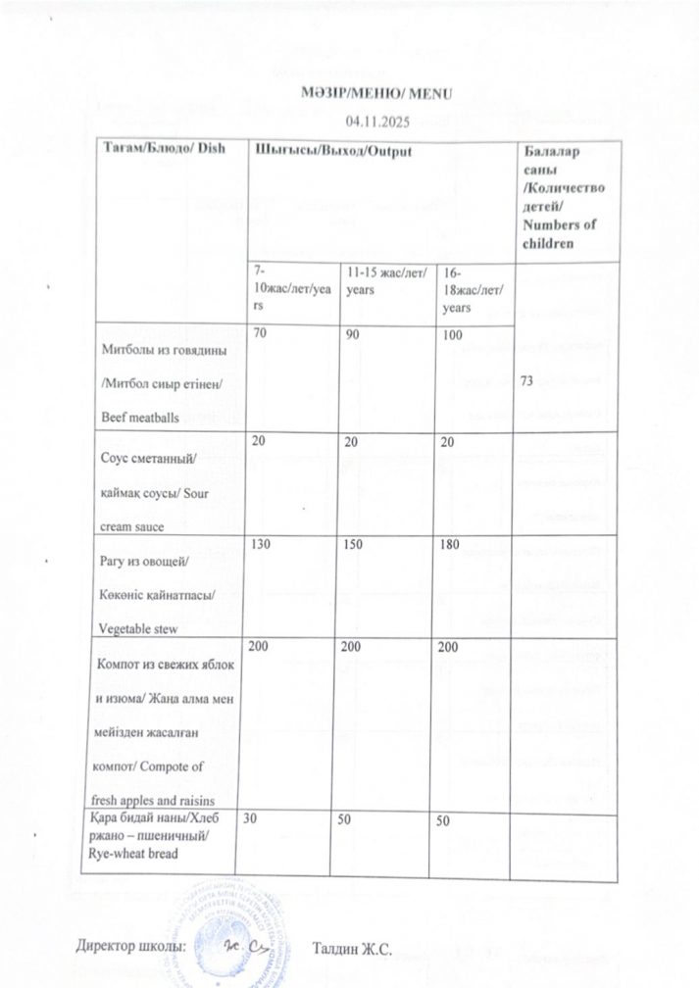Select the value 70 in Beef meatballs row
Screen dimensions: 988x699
coord(259,334)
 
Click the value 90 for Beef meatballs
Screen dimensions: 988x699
coord(356,334)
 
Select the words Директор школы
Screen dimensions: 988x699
coord(129,947)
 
